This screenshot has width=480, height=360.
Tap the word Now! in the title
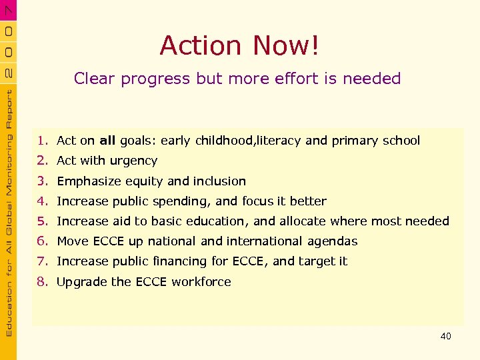pos(286,45)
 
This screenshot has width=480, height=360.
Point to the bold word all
pos(107,141)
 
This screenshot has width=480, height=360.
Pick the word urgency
pos(133,161)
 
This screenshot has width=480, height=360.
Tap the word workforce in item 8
pos(201,282)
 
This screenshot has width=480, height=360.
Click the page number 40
pos(445,336)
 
